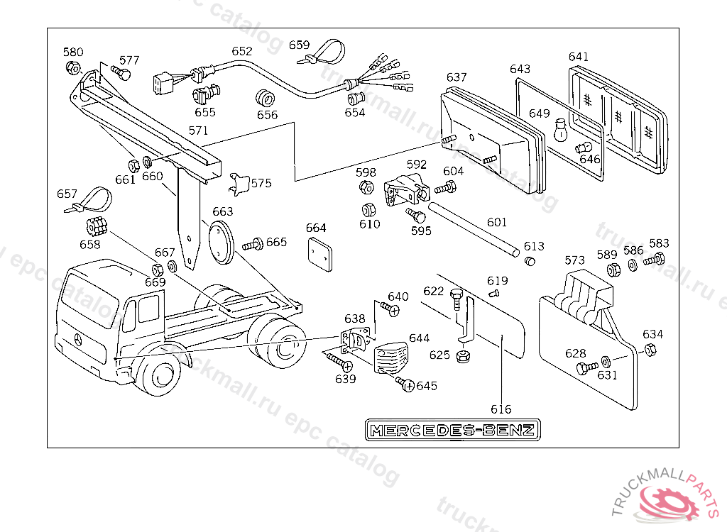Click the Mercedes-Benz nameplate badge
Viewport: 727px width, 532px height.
452,430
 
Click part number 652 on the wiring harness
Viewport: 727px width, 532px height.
242,51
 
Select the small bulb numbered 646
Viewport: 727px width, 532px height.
584,148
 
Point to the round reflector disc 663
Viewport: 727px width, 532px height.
222,242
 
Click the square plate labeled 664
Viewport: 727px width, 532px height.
320,254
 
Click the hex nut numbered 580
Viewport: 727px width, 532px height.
72,67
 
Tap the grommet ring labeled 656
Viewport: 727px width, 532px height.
266,98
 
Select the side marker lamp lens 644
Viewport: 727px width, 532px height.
390,358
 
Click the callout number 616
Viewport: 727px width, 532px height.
501,409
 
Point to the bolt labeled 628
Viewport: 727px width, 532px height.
586,368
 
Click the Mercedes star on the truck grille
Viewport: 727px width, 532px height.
78,340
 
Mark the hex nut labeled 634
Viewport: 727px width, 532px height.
650,350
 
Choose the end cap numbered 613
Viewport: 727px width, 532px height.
530,261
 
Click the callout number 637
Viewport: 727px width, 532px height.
457,77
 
